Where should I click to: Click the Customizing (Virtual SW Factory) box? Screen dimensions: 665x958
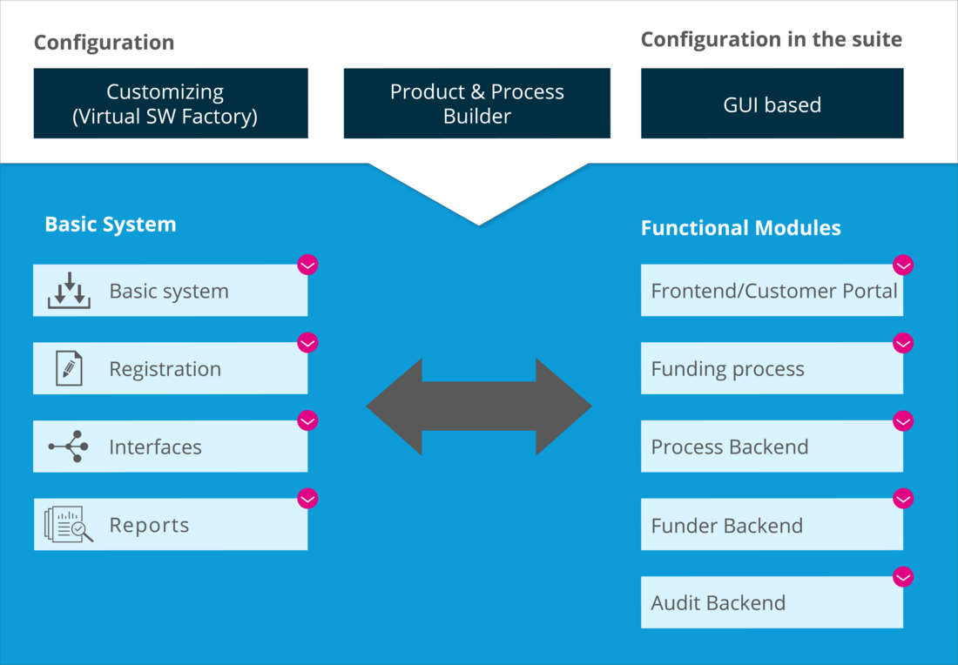tap(171, 104)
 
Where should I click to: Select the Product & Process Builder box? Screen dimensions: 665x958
tap(476, 104)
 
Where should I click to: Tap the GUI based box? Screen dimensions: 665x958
tap(772, 104)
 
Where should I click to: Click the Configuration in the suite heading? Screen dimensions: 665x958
tap(771, 39)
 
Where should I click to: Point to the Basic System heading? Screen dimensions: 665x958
tap(110, 224)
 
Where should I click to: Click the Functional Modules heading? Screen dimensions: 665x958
tap(740, 228)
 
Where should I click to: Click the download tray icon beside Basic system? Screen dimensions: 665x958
tap(69, 292)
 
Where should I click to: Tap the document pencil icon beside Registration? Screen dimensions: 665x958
tap(69, 369)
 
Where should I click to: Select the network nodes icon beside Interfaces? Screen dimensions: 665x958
tap(69, 447)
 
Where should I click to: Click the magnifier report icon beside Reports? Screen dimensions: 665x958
tap(69, 525)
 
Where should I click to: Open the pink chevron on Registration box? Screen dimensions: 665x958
tap(307, 343)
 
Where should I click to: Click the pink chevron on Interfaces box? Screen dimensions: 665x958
tap(307, 420)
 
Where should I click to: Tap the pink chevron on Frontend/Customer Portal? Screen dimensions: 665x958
tap(903, 265)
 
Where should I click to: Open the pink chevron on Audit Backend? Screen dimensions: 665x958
tap(903, 576)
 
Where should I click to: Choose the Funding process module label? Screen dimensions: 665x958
tap(727, 369)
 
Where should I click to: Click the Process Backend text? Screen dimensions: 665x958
tap(729, 447)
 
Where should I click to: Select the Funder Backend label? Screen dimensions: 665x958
tap(726, 525)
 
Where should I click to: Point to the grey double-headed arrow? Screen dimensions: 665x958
tap(478, 406)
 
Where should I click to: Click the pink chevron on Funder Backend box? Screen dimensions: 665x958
tap(903, 499)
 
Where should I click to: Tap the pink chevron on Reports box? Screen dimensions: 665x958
tap(307, 499)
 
